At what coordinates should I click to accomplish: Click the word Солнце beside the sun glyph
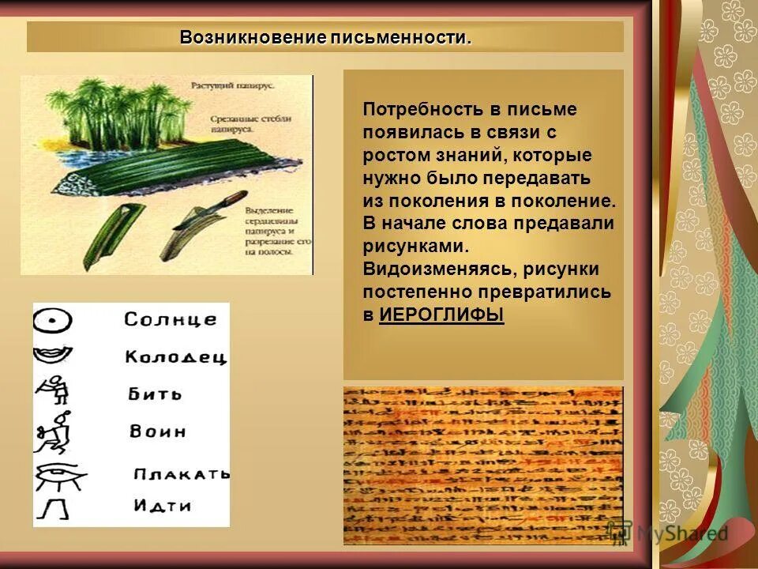tap(170, 320)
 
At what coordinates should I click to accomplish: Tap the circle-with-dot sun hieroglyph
tap(53, 321)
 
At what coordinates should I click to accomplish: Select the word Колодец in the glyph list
tap(175, 357)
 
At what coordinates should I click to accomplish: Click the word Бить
tap(156, 394)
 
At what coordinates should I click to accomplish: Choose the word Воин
tap(158, 431)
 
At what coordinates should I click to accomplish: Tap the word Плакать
tap(182, 474)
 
